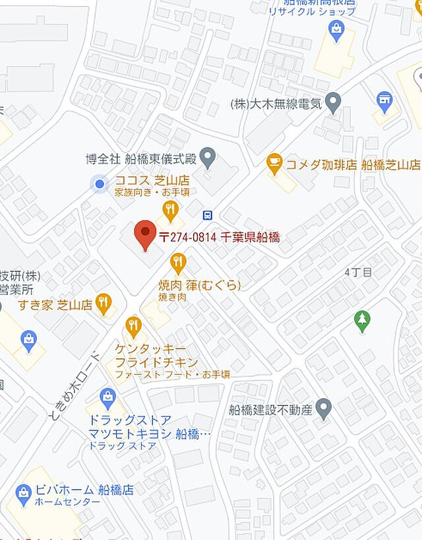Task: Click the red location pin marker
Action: point(145,236)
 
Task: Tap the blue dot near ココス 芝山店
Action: point(100,184)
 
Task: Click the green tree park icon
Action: point(361,321)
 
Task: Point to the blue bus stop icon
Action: point(207,215)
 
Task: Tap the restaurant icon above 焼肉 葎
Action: point(178,263)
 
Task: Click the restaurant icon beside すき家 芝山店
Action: point(104,303)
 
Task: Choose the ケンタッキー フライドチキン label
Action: point(156,355)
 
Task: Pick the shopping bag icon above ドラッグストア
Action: point(107,397)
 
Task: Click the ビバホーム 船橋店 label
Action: point(83,490)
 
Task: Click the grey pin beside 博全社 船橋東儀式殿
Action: point(208,157)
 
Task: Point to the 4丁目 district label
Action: point(358,272)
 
